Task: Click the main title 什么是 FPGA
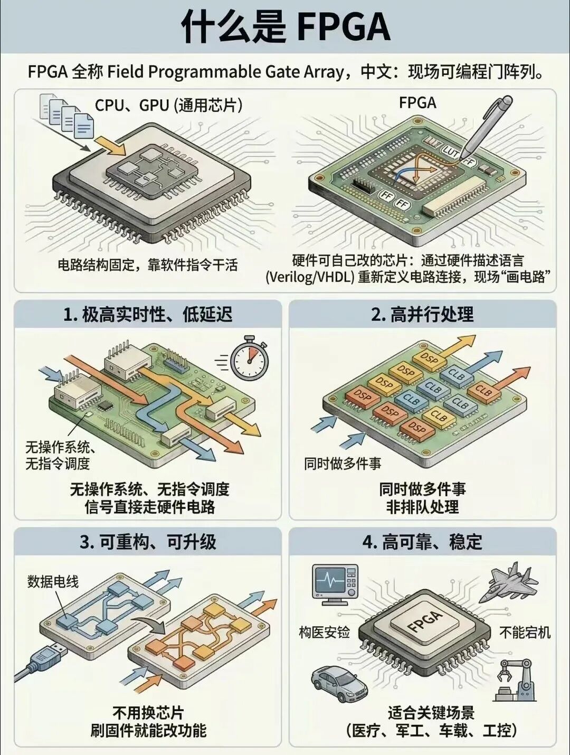(285, 26)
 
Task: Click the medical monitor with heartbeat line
(335, 583)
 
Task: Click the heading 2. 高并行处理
(422, 315)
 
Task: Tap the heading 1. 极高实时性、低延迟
(148, 315)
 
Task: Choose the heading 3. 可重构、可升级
(148, 542)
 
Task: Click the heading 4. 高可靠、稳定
(422, 542)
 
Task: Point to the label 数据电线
(53, 582)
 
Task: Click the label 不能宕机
(525, 632)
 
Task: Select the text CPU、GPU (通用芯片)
(168, 105)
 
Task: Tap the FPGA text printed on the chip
(425, 621)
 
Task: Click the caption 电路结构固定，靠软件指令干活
(148, 265)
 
